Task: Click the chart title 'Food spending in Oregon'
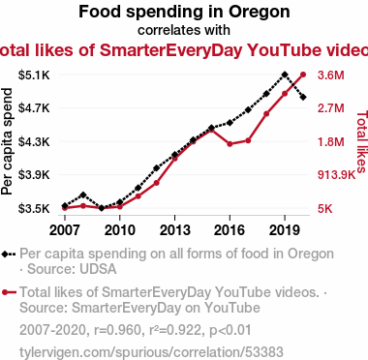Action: (x=184, y=12)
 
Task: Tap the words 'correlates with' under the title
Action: (x=184, y=30)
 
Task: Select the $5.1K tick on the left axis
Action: (x=34, y=75)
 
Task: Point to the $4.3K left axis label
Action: (x=34, y=141)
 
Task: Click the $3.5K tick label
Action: (x=34, y=208)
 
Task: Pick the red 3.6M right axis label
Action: (x=331, y=75)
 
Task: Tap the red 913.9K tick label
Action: (x=336, y=175)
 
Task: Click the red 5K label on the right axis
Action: (x=324, y=208)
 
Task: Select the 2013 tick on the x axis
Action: (x=174, y=230)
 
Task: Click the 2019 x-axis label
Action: (x=285, y=230)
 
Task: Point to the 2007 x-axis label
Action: (x=65, y=230)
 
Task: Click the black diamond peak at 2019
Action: (x=285, y=75)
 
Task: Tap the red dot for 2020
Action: (x=303, y=75)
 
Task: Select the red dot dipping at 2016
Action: (x=230, y=144)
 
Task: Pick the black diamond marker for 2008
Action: (x=83, y=195)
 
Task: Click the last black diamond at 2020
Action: (x=303, y=97)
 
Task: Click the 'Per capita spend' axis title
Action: (x=7, y=141)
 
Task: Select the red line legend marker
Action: (x=9, y=292)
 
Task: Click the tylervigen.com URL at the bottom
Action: (x=151, y=352)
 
